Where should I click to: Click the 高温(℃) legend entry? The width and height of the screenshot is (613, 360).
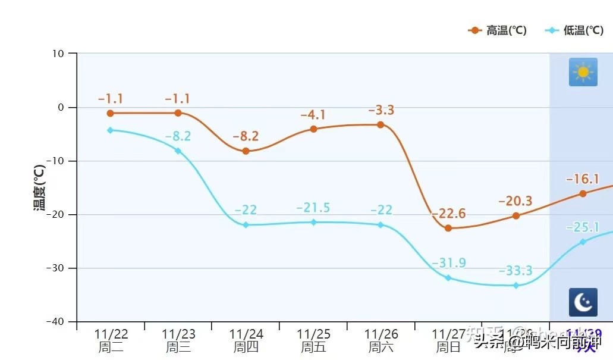tap(498, 30)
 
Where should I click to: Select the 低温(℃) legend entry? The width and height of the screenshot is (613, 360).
tap(574, 30)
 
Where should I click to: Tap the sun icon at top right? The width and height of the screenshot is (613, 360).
tap(583, 72)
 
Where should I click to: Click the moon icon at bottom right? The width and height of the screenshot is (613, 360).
tap(583, 302)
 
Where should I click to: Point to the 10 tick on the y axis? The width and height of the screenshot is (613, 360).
tap(58, 54)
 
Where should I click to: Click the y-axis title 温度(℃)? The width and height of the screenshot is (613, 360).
tap(39, 187)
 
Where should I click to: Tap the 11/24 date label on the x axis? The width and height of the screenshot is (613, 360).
tap(246, 334)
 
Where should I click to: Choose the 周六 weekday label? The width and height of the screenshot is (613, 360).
tap(381, 348)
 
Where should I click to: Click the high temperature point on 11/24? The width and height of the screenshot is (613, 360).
tap(246, 151)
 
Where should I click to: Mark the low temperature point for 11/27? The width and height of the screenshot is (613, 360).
tap(448, 278)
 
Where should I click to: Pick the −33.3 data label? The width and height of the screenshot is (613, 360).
tap(515, 271)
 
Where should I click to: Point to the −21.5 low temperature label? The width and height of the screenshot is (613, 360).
tap(313, 208)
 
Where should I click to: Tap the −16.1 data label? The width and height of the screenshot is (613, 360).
tap(583, 179)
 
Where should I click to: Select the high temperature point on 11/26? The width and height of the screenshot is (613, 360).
tap(381, 125)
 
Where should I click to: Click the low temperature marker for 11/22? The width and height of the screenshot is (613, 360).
tap(110, 130)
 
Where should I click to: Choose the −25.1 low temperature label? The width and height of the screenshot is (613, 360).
tap(583, 227)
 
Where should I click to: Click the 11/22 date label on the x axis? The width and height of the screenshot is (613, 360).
tap(111, 334)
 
